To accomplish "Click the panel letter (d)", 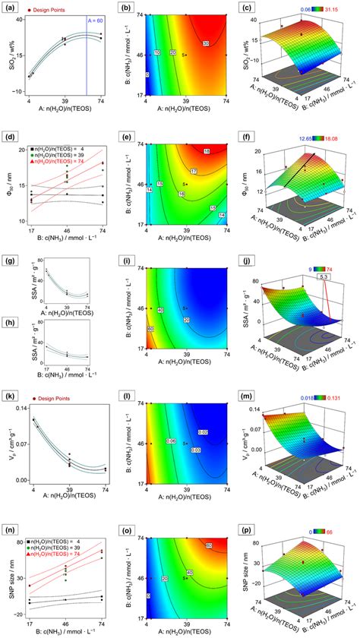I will [x=11, y=137].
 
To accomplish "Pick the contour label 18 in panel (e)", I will [x=207, y=152].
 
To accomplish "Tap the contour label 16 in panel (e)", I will [x=183, y=194].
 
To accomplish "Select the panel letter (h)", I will [x=11, y=320].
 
